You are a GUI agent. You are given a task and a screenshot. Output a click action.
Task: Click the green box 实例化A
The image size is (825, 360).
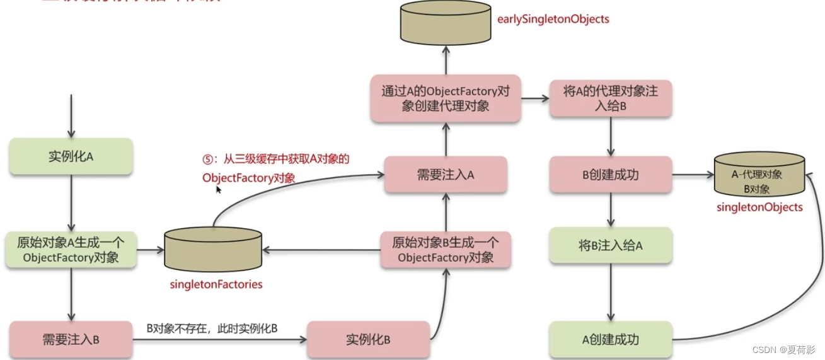(x=71, y=156)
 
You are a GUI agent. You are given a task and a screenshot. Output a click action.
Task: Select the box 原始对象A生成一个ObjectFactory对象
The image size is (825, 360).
(x=71, y=250)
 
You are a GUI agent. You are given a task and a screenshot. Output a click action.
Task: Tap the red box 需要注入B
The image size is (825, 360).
(x=71, y=340)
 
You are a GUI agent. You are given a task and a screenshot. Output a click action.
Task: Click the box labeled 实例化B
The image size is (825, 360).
(x=369, y=340)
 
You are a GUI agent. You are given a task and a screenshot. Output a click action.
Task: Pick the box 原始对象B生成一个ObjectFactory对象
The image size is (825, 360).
(x=446, y=250)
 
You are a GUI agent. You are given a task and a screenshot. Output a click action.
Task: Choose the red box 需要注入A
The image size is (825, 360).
(x=446, y=175)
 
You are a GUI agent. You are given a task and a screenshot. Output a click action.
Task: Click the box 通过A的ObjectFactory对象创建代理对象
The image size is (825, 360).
(x=446, y=99)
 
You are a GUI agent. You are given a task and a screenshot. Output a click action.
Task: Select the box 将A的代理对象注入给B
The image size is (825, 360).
(x=610, y=99)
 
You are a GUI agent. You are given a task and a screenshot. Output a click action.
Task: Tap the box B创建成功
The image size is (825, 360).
(x=610, y=175)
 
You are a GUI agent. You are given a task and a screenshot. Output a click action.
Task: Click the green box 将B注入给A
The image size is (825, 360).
(x=610, y=245)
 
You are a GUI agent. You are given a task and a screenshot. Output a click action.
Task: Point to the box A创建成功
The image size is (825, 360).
(x=610, y=340)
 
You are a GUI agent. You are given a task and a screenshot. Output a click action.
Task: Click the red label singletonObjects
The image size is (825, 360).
(x=759, y=207)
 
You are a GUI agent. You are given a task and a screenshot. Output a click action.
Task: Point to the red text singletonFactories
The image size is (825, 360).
(x=216, y=285)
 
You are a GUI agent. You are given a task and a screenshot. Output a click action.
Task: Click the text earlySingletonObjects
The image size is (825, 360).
(x=553, y=19)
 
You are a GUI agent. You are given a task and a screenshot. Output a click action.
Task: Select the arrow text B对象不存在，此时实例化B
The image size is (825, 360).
(x=212, y=328)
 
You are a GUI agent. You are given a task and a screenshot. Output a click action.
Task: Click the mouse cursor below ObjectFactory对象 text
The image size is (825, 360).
(x=218, y=189)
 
